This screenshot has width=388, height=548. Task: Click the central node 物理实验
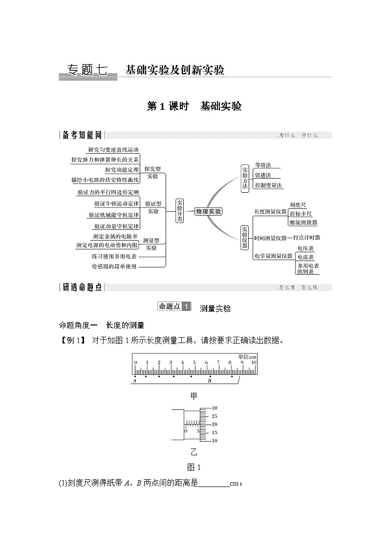(x=208, y=211)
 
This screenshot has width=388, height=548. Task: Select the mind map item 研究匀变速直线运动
(x=113, y=150)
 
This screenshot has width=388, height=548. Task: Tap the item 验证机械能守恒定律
(x=114, y=215)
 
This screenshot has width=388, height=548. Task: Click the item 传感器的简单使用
(x=114, y=266)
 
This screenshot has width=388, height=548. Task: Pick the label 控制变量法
(x=268, y=185)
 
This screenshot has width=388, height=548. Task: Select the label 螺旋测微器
(x=302, y=222)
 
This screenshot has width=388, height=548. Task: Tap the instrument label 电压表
(x=305, y=248)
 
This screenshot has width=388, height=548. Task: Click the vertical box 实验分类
(x=179, y=211)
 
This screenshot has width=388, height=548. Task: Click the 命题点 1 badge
(x=174, y=306)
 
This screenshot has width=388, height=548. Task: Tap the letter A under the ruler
(x=134, y=381)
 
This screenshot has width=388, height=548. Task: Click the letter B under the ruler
(x=209, y=381)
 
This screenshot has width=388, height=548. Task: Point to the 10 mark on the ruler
(x=254, y=363)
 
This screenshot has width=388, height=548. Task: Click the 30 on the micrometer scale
(x=214, y=408)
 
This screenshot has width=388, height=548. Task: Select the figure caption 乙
(x=194, y=450)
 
